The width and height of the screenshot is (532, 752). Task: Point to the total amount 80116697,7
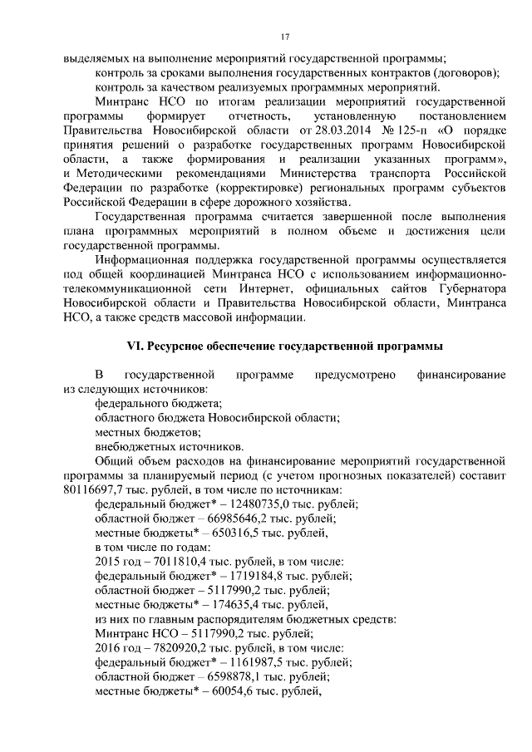coord(91,489)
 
